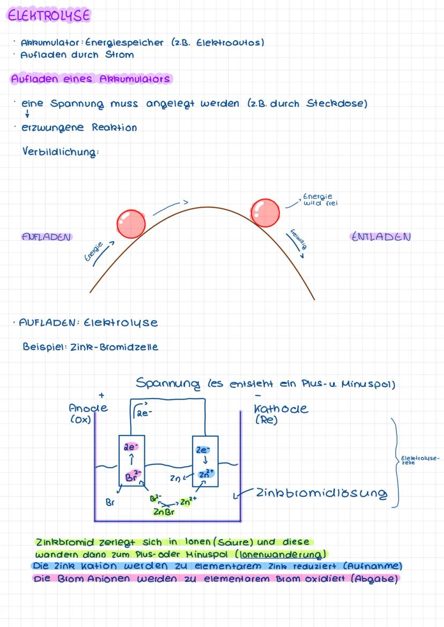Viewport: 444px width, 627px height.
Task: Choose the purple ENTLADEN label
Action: [381, 237]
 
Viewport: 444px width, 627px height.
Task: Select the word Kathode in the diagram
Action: [282, 409]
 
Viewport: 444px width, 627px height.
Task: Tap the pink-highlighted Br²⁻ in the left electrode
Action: [130, 475]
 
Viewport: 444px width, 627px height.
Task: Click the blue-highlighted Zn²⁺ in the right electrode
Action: [205, 474]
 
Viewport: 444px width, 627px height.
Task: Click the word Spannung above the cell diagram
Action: [166, 383]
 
